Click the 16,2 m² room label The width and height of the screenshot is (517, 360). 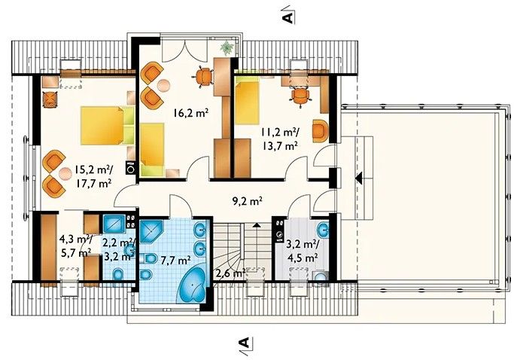(191, 114)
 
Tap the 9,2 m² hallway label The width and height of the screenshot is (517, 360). (248, 200)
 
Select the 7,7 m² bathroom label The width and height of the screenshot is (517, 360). (176, 261)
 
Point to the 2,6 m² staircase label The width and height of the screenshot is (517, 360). (230, 273)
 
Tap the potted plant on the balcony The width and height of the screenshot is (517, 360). (227, 48)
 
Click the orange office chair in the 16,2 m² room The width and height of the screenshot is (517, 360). (202, 77)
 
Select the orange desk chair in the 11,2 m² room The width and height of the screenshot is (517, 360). (301, 96)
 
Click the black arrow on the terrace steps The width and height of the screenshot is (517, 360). (359, 178)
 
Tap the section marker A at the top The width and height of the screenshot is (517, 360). (287, 17)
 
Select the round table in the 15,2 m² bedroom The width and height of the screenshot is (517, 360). (65, 174)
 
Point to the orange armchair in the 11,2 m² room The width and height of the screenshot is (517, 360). (320, 131)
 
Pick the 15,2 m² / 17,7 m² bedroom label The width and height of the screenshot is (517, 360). (93, 176)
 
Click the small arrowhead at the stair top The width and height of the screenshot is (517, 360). (257, 225)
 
